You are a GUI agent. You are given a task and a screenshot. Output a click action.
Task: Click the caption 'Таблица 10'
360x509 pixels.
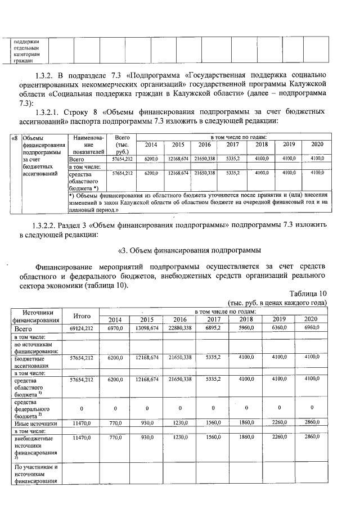click(307, 293)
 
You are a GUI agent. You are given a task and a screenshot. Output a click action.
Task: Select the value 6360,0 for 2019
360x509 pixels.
click(279, 327)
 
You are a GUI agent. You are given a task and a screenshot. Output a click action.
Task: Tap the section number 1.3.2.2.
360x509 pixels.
click(47, 226)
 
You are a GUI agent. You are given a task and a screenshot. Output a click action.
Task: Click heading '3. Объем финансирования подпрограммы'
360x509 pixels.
click(190, 250)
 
